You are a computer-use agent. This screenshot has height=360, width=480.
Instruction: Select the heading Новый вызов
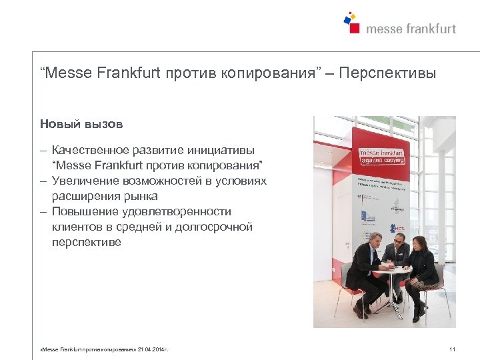(x=81, y=124)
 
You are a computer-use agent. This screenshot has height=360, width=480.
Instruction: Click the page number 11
(x=453, y=349)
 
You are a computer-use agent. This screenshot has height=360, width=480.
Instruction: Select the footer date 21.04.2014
(x=152, y=349)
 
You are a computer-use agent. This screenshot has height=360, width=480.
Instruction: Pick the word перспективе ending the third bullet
(x=87, y=243)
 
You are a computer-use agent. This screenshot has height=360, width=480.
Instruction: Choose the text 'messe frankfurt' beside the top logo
(x=411, y=29)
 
